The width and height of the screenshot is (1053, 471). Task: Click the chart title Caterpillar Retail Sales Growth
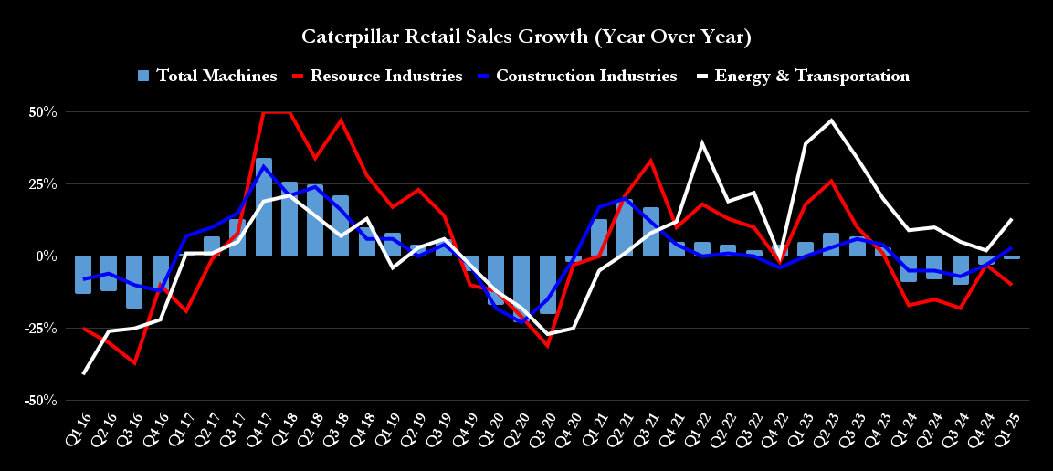(526, 37)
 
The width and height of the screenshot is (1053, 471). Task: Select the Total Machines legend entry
(207, 76)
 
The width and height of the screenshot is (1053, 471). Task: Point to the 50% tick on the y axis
(42, 112)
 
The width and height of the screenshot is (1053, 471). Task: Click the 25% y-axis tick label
(42, 184)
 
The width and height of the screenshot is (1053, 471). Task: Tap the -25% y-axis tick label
(40, 329)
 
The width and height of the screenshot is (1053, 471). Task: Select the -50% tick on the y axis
(40, 401)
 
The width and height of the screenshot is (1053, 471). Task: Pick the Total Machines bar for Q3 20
(548, 285)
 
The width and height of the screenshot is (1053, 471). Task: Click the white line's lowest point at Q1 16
(84, 373)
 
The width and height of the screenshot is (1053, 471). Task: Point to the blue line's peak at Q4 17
(264, 167)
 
